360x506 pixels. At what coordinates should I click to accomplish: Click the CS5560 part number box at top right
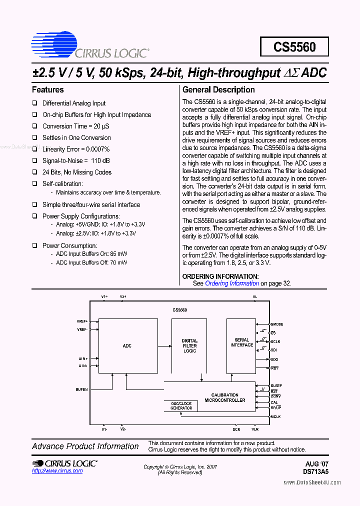pos(294,47)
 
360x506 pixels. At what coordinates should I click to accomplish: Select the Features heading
pos(48,90)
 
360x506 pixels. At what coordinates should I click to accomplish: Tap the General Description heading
pos(218,90)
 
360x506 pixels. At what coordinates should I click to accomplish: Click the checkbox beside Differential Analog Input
pos(35,103)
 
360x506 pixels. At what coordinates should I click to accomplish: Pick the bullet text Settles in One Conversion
pos(76,138)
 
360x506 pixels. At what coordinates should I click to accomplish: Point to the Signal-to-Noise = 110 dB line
pos(76,161)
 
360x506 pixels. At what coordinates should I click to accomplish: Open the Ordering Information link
pos(232,283)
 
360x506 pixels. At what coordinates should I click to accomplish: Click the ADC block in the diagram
pos(127,346)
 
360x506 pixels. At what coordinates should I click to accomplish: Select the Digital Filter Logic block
pos(189,346)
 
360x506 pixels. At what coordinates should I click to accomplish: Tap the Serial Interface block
pos(242,343)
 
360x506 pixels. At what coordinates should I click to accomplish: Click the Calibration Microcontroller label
pos(225,397)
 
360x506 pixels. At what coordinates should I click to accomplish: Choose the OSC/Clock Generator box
pos(181,406)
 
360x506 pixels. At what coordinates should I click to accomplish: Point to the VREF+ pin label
pos(82,321)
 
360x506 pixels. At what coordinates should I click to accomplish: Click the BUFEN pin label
pos(81,389)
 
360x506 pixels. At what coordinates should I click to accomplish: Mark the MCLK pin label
pos(276,416)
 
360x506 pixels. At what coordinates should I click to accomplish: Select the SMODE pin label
pos(277,324)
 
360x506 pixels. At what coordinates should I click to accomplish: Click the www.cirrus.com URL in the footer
pos(57,471)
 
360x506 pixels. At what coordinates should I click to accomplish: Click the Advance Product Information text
pos(85,446)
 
